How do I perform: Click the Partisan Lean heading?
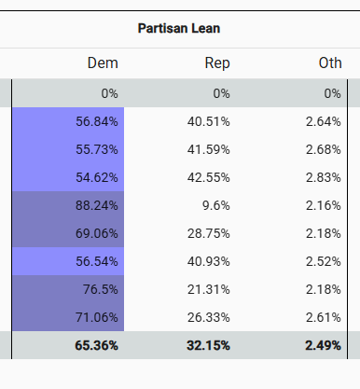click(x=178, y=28)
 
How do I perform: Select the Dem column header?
click(x=103, y=63)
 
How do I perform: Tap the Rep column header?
click(x=217, y=63)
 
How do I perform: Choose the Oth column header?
click(x=329, y=63)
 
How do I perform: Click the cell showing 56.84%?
click(x=97, y=121)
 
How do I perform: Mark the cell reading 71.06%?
click(x=97, y=317)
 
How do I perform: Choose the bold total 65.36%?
click(x=96, y=345)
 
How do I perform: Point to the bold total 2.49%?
click(x=324, y=345)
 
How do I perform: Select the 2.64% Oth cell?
click(x=324, y=121)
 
